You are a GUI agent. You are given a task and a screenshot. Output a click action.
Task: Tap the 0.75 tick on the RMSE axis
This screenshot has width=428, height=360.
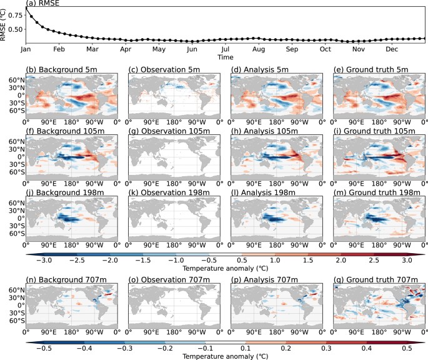17,17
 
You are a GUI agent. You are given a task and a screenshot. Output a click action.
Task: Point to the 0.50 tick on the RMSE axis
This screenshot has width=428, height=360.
17,29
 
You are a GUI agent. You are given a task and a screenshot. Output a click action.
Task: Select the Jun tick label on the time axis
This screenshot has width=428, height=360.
192,48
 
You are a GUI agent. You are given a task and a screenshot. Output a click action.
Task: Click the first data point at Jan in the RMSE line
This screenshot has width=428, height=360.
26,7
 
